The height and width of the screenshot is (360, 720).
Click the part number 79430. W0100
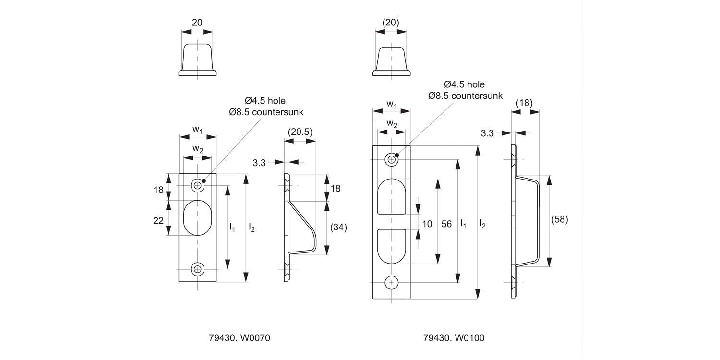pyautogui.click(x=454, y=338)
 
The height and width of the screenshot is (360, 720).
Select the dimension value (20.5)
pyautogui.click(x=300, y=132)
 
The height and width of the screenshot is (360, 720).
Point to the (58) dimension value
pyautogui.click(x=559, y=219)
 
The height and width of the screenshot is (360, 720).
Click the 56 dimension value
pyautogui.click(x=447, y=223)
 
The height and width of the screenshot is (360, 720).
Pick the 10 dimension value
pyautogui.click(x=427, y=223)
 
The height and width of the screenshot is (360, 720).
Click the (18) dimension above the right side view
pyautogui.click(x=524, y=103)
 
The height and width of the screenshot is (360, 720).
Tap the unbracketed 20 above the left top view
pyautogui.click(x=197, y=22)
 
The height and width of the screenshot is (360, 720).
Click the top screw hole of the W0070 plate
pyautogui.click(x=197, y=185)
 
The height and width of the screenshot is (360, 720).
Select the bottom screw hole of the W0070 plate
pyautogui.click(x=197, y=269)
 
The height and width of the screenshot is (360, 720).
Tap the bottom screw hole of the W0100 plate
pyautogui.click(x=392, y=283)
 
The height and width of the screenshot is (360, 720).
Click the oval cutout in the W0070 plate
pyautogui.click(x=197, y=217)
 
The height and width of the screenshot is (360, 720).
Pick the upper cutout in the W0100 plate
pyautogui.click(x=392, y=196)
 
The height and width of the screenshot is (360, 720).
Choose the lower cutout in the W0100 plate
pyautogui.click(x=392, y=246)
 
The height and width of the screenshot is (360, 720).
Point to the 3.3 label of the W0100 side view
pyautogui.click(x=487, y=133)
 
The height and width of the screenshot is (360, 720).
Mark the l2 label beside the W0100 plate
pyautogui.click(x=483, y=223)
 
